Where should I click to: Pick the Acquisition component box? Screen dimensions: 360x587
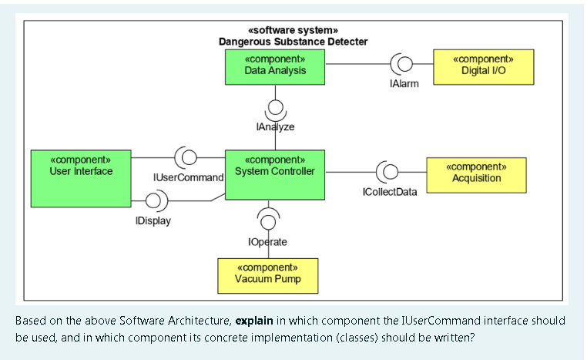click(x=476, y=174)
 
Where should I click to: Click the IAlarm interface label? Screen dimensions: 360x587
click(x=404, y=83)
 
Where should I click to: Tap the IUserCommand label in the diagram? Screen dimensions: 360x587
click(x=189, y=177)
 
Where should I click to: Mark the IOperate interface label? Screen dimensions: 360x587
click(x=267, y=242)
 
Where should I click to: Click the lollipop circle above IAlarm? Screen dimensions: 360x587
click(x=404, y=64)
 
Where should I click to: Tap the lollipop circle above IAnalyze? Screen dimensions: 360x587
click(x=275, y=106)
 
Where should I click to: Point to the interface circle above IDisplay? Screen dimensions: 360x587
click(x=153, y=201)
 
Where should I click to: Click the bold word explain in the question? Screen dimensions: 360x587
click(x=255, y=320)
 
